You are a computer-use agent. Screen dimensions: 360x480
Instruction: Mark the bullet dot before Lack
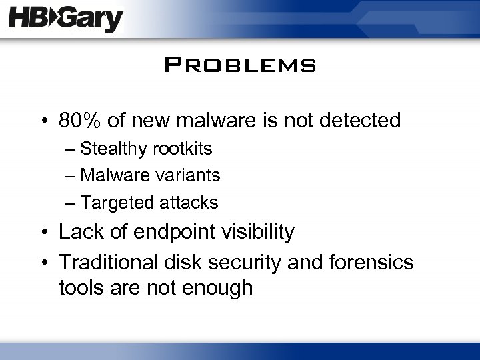(45, 233)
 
